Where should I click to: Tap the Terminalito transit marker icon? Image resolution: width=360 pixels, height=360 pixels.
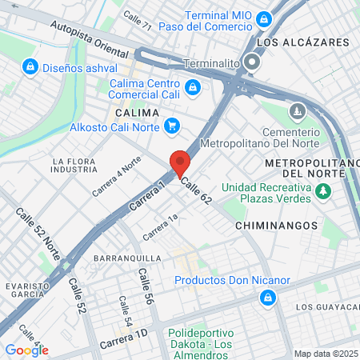coord(253,62)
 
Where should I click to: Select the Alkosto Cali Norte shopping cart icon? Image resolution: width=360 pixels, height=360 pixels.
coord(171,126)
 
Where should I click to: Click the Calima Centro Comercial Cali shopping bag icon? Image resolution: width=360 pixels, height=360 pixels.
coord(192,86)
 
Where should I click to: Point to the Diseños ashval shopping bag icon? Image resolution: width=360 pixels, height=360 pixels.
coord(30,66)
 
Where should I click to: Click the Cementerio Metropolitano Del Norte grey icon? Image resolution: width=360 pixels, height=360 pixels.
coord(298,109)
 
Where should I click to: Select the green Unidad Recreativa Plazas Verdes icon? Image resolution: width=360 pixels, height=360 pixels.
coord(322,192)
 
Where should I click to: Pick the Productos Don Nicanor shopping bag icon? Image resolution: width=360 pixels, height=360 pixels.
coord(267,298)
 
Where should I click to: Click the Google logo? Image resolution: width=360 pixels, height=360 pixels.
coord(26,350)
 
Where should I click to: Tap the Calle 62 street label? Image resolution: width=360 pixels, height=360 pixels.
coord(195,190)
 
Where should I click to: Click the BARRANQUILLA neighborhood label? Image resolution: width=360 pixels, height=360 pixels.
coord(127,259)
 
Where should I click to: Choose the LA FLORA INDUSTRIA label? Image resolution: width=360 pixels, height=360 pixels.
coord(75,166)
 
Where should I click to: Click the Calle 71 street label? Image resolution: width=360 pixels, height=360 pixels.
coord(137,26)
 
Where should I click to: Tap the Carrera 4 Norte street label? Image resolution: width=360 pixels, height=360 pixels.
coord(116,176)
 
